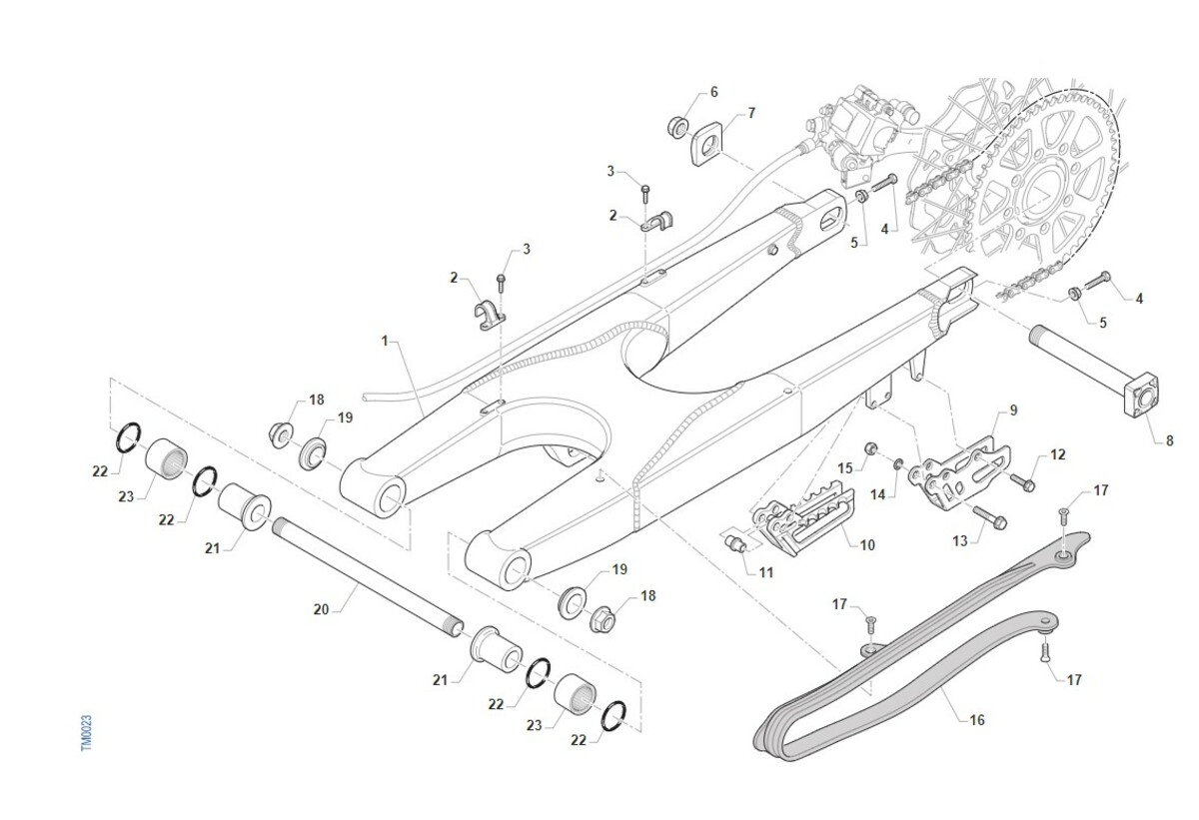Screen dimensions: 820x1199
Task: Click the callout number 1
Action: click(385, 341)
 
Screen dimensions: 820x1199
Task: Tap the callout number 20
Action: click(320, 607)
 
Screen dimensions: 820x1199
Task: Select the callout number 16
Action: click(976, 719)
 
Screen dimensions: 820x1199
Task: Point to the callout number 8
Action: click(1170, 438)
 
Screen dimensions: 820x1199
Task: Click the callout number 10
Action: click(866, 544)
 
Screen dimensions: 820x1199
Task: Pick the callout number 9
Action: click(1012, 410)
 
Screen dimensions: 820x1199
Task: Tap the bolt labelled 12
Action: click(1021, 482)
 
